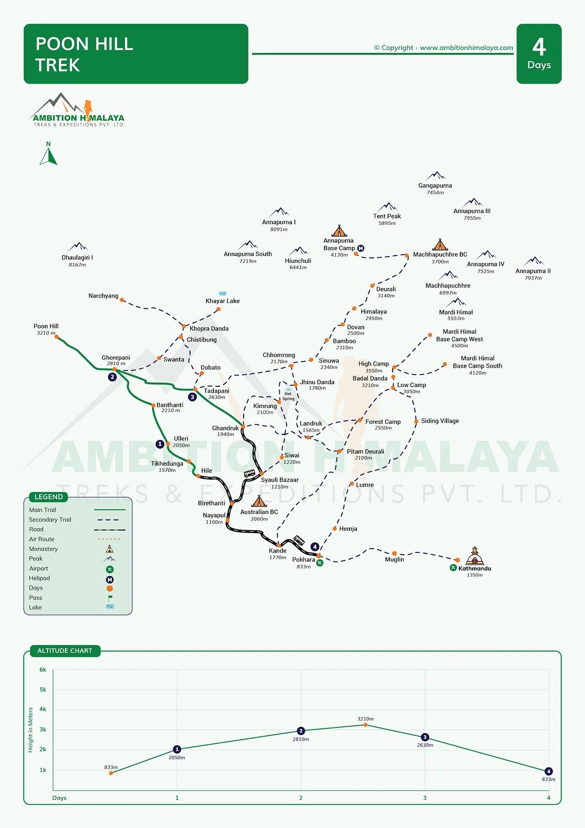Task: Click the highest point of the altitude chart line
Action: click(365, 725)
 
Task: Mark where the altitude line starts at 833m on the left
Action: click(111, 773)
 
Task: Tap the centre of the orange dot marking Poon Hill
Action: click(57, 337)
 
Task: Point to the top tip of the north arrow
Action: click(48, 148)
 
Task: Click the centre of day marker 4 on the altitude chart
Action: click(548, 771)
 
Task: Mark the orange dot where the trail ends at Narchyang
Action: click(122, 300)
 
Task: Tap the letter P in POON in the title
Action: click(42, 44)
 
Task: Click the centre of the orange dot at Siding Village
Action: click(416, 422)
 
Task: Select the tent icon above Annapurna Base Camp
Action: click(339, 230)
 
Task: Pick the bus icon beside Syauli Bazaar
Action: click(250, 473)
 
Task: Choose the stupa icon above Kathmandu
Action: click(474, 556)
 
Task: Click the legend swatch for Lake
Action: click(110, 607)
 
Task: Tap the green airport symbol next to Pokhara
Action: click(320, 563)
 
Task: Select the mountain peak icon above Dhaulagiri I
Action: click(78, 247)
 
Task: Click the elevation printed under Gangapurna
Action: click(435, 192)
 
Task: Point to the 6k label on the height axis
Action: click(43, 670)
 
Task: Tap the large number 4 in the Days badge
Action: click(539, 47)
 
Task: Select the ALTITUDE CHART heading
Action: click(65, 651)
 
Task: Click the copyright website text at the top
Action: click(443, 48)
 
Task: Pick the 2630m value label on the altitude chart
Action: click(425, 745)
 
